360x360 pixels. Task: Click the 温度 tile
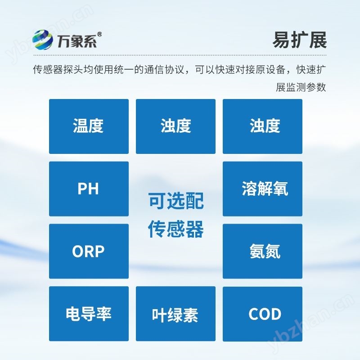88,126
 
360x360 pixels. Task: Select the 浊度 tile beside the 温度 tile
175,126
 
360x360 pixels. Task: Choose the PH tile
88,189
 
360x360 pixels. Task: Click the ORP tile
88,251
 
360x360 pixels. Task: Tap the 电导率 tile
88,314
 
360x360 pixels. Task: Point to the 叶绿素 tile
175,314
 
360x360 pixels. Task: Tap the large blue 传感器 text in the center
175,229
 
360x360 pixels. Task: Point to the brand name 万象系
75,41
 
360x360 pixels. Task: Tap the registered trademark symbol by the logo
99,34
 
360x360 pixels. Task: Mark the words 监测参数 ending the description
306,87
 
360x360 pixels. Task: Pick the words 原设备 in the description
271,70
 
